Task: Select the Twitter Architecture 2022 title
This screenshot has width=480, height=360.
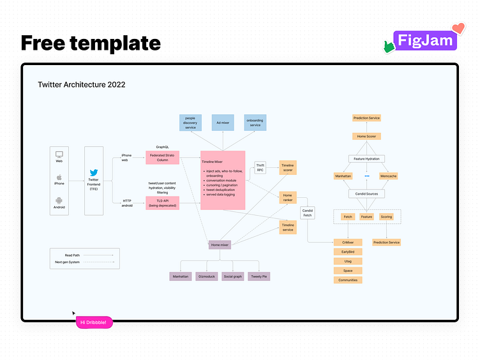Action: click(x=81, y=84)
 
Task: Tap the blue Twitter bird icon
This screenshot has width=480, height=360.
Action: click(x=94, y=173)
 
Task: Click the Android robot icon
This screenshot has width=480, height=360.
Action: click(x=59, y=200)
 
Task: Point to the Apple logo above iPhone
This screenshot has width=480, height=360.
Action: click(x=59, y=177)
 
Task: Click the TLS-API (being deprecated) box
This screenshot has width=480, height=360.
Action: click(x=161, y=203)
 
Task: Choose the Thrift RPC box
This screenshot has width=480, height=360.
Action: click(x=260, y=167)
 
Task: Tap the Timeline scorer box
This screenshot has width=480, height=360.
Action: click(x=288, y=167)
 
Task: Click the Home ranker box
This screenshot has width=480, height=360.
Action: click(x=288, y=198)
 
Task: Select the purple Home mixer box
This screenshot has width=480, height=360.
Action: click(x=220, y=244)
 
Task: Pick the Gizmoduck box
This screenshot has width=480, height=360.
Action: click(x=207, y=276)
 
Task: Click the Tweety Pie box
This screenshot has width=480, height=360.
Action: click(x=259, y=276)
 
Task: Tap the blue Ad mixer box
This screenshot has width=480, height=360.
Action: click(x=223, y=122)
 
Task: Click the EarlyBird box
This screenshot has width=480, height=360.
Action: click(x=348, y=252)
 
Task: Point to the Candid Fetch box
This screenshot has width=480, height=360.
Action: click(x=308, y=213)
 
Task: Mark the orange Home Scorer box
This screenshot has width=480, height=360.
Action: click(x=366, y=137)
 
